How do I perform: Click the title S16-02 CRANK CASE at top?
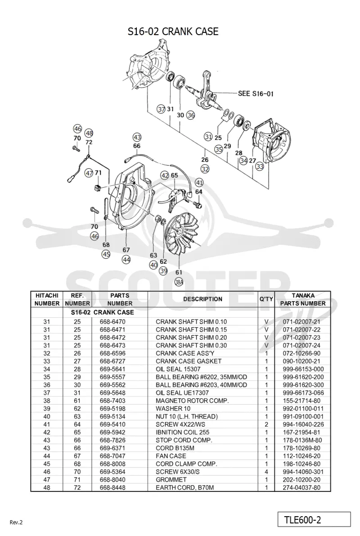pos(173,32)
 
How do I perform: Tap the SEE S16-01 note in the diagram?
pos(256,93)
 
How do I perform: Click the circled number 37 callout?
pos(162,109)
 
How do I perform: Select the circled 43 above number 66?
pos(137,137)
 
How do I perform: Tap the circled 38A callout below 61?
pos(179,282)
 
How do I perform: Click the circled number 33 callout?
pos(260,167)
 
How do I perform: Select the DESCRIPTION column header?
pos(203,299)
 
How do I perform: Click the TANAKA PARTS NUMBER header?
pos(302,299)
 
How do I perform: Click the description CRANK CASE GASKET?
pos(189,361)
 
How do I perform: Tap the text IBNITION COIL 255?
pos(183,432)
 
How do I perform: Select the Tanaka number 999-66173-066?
pos(303,393)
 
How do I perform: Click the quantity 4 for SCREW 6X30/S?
pos(266,472)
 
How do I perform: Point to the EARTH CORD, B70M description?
pos(184,487)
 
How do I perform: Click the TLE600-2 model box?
pos(314,520)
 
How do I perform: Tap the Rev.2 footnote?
pos(16,522)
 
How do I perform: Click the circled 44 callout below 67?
pos(126,260)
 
